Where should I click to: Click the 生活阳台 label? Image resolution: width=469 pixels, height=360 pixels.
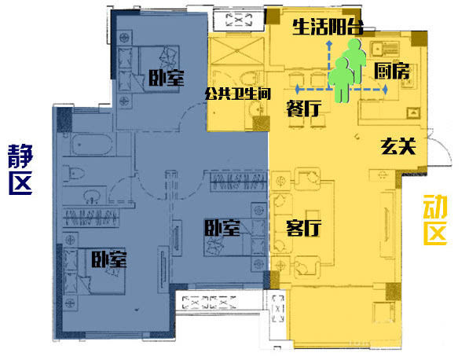[328, 27]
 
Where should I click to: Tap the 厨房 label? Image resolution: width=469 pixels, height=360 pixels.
[392, 71]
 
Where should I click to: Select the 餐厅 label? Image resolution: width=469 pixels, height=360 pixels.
[304, 108]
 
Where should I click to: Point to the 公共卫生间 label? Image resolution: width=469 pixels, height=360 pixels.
[238, 94]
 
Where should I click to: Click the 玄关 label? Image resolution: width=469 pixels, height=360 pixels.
[398, 146]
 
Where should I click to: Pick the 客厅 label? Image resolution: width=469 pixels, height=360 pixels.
[303, 228]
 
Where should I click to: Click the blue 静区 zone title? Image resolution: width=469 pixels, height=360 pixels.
[20, 169]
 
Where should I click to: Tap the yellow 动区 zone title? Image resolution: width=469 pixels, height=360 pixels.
[435, 220]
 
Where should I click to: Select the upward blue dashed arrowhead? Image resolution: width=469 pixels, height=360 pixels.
[329, 45]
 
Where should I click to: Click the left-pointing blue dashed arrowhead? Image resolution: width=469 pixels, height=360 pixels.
[297, 89]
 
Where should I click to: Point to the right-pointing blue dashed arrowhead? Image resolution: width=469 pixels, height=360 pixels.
[385, 89]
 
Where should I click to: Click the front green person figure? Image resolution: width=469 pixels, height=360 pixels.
[341, 80]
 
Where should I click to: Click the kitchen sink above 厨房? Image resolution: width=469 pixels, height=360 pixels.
[384, 48]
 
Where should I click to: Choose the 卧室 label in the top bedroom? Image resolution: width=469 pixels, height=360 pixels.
[167, 78]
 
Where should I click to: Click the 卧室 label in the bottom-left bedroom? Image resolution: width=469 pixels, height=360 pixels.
[109, 259]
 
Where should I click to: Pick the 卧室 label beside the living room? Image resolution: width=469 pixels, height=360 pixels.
[222, 228]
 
